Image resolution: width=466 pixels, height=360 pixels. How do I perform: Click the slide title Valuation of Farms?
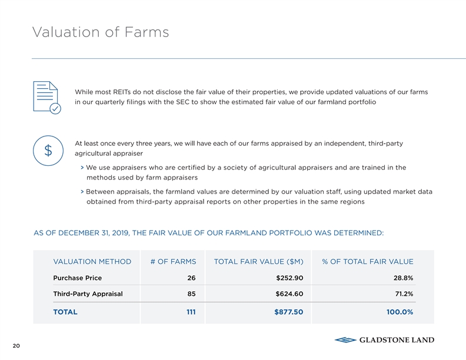click(x=101, y=32)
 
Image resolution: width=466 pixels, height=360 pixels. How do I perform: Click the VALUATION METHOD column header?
click(x=92, y=262)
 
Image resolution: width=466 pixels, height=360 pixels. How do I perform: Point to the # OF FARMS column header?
click(x=173, y=262)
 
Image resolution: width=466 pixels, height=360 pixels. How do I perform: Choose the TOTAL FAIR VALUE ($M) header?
click(x=258, y=262)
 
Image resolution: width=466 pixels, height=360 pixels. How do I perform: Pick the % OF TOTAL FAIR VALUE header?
click(x=367, y=262)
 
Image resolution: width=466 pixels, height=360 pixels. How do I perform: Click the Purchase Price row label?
click(x=77, y=278)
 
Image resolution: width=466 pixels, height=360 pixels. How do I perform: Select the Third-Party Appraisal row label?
click(x=88, y=294)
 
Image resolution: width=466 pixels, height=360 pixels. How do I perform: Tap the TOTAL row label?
click(x=65, y=312)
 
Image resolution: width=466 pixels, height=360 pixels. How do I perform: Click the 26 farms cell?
click(x=191, y=278)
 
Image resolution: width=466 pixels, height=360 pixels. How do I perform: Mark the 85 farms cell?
click(x=191, y=294)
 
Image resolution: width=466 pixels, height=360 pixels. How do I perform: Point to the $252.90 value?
click(x=289, y=278)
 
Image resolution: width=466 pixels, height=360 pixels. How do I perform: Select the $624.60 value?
click(x=289, y=294)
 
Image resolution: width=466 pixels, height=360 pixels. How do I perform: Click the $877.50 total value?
click(x=288, y=312)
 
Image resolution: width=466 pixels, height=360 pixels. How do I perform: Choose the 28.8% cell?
click(x=403, y=278)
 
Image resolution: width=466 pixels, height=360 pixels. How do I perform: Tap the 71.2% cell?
click(x=403, y=294)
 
